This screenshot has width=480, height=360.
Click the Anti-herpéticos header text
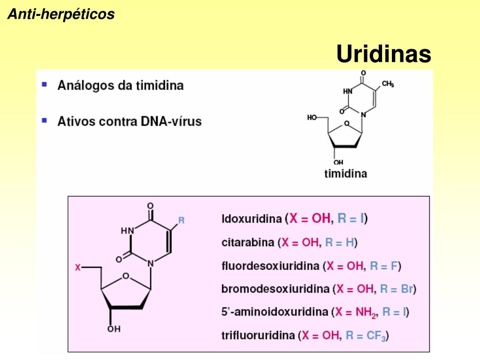(x=61, y=15)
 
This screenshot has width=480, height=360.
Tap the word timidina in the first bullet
(x=159, y=86)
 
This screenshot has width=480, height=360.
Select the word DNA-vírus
(x=171, y=121)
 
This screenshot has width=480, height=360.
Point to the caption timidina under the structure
(x=346, y=174)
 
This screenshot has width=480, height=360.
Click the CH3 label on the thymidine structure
(x=388, y=84)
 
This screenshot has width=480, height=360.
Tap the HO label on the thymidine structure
(x=312, y=117)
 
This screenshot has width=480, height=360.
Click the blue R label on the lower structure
(x=181, y=220)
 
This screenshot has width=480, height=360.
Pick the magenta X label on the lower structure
(x=78, y=267)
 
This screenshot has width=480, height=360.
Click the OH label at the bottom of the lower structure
(x=113, y=330)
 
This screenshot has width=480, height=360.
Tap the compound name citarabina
(x=247, y=243)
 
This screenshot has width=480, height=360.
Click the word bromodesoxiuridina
(x=275, y=289)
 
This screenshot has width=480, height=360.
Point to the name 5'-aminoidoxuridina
(x=274, y=312)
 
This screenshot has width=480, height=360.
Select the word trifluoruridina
(x=258, y=335)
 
